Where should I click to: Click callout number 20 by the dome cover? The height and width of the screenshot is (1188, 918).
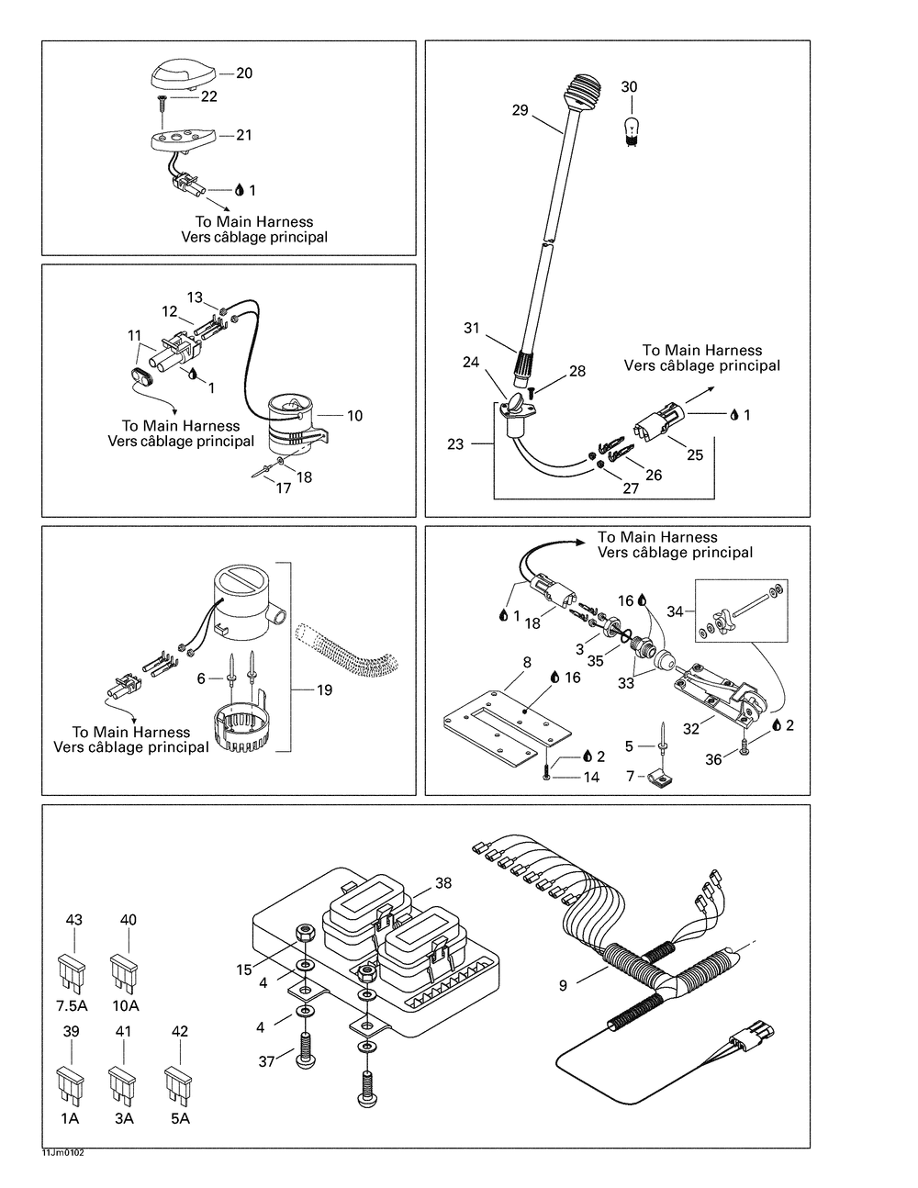tap(244, 73)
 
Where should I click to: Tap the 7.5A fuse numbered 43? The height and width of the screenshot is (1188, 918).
tap(71, 969)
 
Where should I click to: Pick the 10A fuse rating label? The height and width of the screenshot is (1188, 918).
tap(125, 1005)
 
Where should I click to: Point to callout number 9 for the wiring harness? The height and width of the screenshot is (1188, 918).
tap(563, 986)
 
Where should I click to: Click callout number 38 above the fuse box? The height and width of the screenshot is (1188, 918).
tap(443, 883)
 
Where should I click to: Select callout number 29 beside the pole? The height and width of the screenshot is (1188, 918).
tap(521, 110)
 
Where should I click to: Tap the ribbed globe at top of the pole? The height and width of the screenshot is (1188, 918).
tap(585, 91)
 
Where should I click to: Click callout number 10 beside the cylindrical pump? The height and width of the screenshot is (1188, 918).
tap(354, 416)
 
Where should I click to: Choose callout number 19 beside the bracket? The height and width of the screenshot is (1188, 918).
tap(324, 690)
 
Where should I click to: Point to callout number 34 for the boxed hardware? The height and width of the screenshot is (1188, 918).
tap(675, 611)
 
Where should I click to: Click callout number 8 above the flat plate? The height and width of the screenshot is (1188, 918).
tap(526, 661)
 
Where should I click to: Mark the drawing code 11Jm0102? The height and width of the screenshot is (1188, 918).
tap(62, 1153)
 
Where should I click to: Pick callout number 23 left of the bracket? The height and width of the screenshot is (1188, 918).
tap(455, 445)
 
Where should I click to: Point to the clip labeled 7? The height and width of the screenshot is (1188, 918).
tap(660, 782)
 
